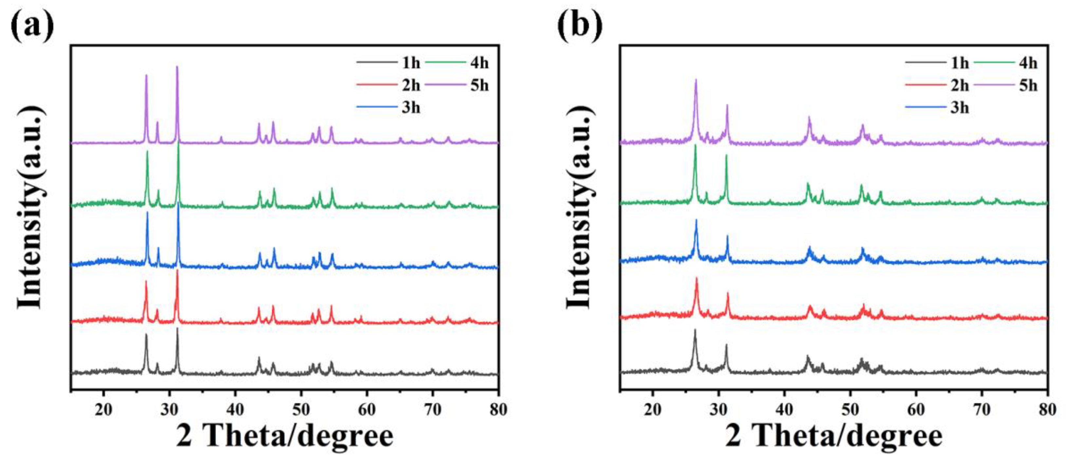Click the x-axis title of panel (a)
click(285, 436)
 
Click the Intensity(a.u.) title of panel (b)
click(579, 207)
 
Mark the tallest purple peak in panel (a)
click(177, 67)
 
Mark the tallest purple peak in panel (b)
click(696, 80)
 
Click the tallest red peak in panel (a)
click(177, 271)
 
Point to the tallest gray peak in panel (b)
click(695, 330)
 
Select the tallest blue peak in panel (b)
click(696, 220)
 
